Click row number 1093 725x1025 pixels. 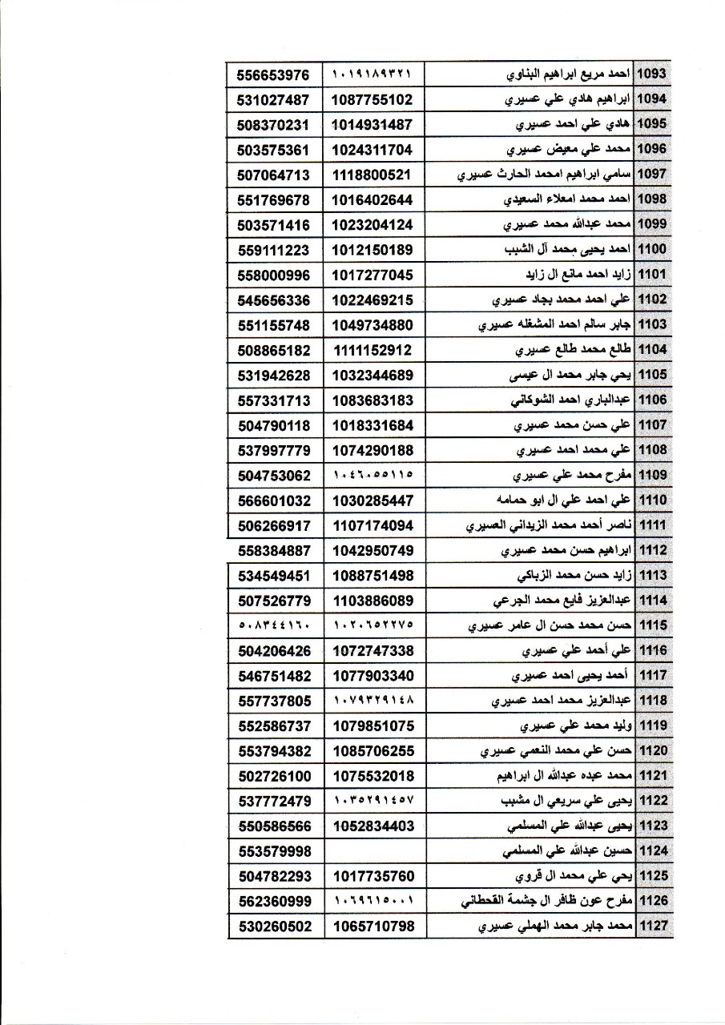point(651,74)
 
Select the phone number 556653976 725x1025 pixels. point(274,74)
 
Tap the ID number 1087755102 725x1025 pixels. point(373,99)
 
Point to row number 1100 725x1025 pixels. point(651,249)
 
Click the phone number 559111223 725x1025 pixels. point(274,249)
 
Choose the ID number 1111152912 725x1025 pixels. point(373,349)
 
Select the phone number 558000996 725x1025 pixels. point(274,275)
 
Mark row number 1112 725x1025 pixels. point(651,550)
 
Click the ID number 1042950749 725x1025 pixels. point(373,550)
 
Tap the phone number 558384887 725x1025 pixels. point(274,550)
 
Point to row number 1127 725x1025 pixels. point(651,927)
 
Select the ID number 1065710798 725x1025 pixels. point(373,927)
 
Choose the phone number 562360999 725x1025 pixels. point(274,901)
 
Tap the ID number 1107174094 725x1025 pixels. point(373,525)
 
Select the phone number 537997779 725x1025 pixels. point(274,450)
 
